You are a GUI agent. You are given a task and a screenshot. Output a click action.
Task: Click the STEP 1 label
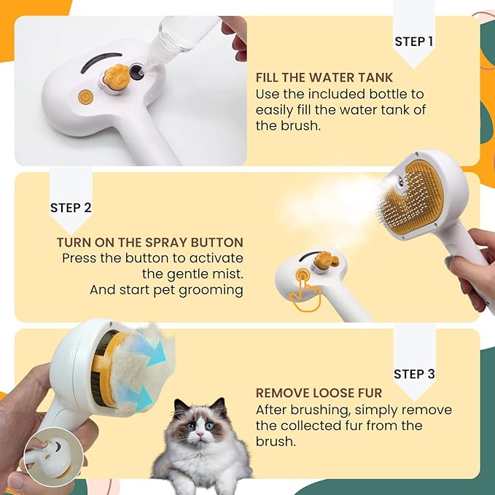pos(413,42)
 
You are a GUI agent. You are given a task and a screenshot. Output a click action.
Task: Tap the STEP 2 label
pos(71,208)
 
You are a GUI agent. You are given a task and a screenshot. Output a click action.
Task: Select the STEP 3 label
pos(414,374)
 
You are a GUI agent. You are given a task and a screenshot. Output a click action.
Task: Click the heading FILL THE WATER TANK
pos(324,77)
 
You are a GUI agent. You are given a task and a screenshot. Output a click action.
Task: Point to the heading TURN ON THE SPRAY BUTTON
pos(149,242)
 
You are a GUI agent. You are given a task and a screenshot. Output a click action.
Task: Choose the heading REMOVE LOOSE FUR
pos(319,394)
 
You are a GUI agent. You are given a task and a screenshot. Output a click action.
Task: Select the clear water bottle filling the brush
pos(179,36)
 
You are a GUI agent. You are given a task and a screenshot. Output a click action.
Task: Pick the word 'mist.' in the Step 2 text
pos(224,274)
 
